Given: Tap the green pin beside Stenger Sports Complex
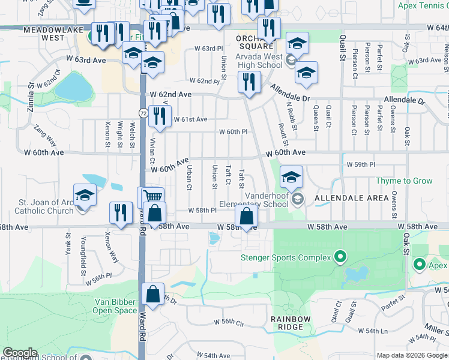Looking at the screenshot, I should tap(340, 258).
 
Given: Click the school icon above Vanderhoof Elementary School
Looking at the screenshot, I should tap(291, 177).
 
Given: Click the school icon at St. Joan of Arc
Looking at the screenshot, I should tap(85, 195).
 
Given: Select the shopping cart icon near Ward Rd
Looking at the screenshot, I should tap(153, 196).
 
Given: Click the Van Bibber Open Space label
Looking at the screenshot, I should tap(115, 306).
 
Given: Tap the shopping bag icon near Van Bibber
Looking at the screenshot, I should tap(153, 294).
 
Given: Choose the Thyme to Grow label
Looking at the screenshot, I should tap(404, 181).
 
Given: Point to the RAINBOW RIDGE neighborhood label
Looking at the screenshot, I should tap(291, 323).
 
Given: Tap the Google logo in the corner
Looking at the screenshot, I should tap(20, 353).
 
